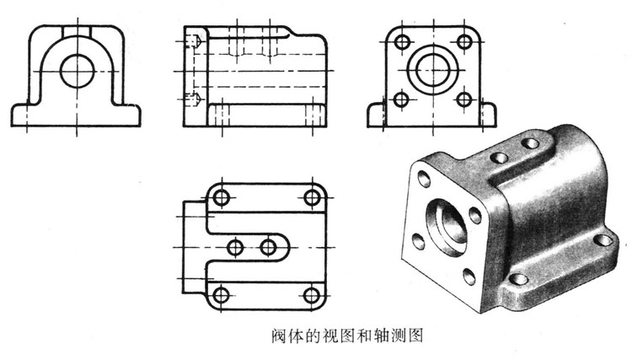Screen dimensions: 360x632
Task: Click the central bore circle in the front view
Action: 79,67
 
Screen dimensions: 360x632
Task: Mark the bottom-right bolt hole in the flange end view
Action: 463,99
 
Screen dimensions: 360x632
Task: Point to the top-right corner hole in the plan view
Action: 313,197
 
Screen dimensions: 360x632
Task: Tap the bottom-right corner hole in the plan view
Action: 313,294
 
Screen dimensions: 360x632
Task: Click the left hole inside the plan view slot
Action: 236,246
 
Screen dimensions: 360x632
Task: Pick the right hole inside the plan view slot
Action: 269,246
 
